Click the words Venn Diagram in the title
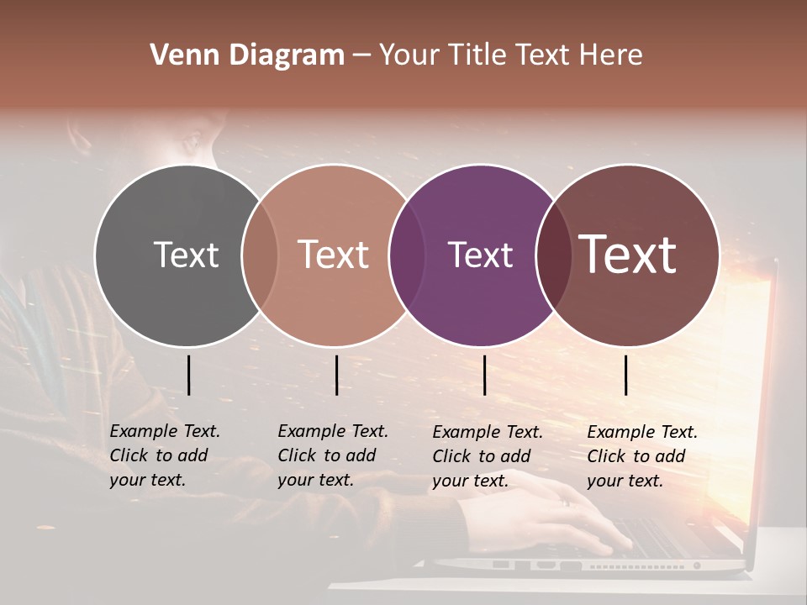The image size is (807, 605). click(x=247, y=55)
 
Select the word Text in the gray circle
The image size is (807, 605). click(x=186, y=255)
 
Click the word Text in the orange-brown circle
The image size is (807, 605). click(x=334, y=255)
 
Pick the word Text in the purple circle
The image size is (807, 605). click(x=480, y=255)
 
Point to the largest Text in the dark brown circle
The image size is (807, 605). click(x=628, y=255)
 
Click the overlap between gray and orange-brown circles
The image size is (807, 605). click(x=260, y=255)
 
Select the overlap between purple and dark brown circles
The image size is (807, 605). click(x=551, y=255)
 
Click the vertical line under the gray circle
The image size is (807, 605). click(x=189, y=375)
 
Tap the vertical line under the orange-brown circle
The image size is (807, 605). click(x=336, y=375)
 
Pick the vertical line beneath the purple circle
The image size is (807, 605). click(x=485, y=375)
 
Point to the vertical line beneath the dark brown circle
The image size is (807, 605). click(x=626, y=375)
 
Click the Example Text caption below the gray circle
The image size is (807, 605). click(x=164, y=455)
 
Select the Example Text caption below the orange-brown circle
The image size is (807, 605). click(x=332, y=455)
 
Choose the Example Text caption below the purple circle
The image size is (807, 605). click(x=487, y=456)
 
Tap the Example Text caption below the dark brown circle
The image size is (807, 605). click(x=641, y=456)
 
